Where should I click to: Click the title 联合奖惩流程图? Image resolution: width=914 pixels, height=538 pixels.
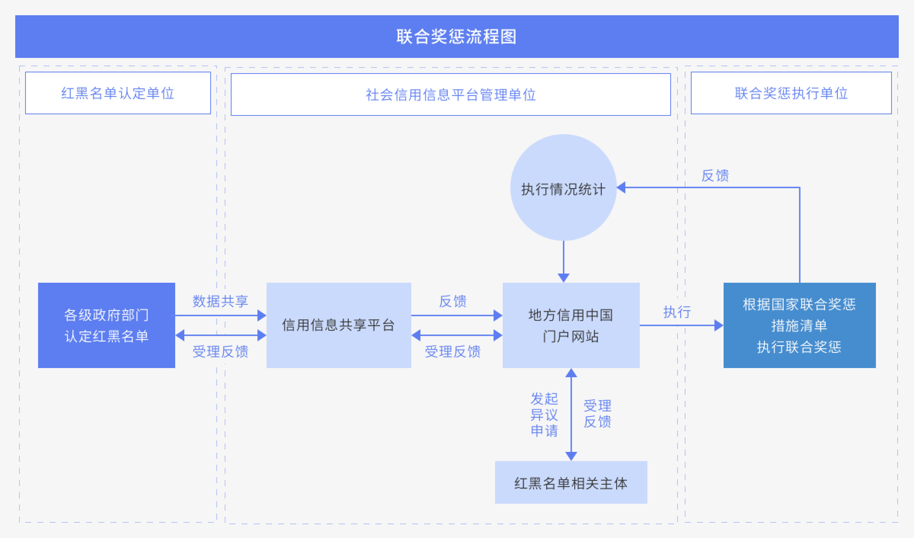click(457, 37)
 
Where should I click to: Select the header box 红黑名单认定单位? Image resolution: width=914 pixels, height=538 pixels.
click(118, 93)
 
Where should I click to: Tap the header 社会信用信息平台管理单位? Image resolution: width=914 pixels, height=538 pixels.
click(451, 94)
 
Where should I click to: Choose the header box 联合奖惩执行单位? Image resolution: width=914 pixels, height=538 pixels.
click(791, 93)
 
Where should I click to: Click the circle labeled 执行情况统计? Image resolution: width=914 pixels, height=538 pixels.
click(564, 187)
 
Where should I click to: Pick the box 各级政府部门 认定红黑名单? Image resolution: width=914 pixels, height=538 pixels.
click(107, 325)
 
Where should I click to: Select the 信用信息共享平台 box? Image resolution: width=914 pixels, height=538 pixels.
click(339, 325)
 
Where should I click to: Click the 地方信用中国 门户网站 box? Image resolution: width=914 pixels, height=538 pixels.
click(571, 325)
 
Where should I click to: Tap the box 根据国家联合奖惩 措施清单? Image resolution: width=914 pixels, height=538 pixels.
click(800, 325)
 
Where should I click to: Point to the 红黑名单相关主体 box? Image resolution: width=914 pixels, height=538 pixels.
click(571, 482)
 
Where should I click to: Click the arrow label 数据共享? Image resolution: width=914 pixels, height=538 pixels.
click(221, 301)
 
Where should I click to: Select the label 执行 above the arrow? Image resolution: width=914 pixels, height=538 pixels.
click(677, 312)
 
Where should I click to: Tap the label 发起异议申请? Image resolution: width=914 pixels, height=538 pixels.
click(544, 415)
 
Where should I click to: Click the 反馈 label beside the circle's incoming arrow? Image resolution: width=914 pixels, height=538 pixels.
click(715, 176)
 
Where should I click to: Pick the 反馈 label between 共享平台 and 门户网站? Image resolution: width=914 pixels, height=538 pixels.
click(453, 301)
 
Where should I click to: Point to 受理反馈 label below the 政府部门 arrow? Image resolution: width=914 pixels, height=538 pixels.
click(221, 351)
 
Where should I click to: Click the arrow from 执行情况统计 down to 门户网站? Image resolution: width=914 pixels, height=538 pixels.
click(564, 262)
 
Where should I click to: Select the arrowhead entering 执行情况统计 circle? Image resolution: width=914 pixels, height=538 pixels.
click(621, 187)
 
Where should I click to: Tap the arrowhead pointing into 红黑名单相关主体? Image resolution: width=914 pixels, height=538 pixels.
click(571, 456)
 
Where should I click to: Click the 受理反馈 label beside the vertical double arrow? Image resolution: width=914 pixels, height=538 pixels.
click(598, 414)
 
